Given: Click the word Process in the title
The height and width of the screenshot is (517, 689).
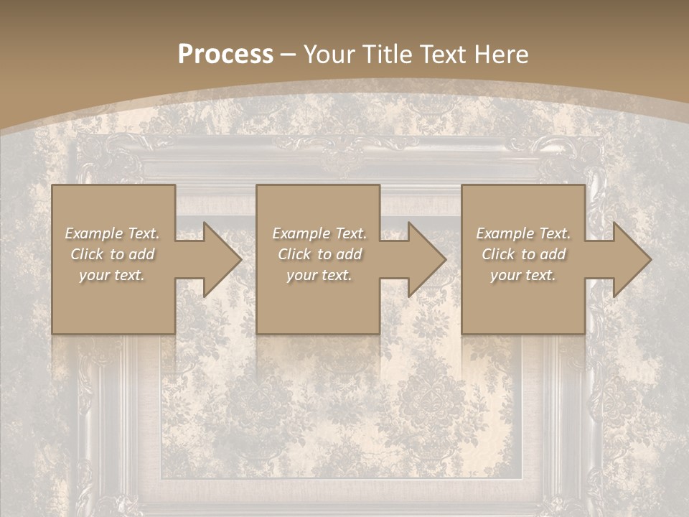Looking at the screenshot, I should pos(225,55).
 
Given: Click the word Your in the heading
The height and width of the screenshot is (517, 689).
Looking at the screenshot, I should pos(331,55).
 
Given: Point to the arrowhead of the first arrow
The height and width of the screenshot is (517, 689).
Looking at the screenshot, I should pos(222,259).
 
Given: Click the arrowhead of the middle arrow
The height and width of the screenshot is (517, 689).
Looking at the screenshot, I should pos(428,259).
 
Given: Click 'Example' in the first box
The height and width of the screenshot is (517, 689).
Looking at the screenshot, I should pos(94,233).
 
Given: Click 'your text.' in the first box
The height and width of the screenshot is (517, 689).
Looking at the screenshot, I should pos(112,275).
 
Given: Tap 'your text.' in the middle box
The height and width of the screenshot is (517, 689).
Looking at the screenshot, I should pos(319,275).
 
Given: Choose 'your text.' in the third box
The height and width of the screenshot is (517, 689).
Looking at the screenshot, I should pos(522,275).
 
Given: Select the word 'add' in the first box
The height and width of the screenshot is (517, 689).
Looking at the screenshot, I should pos(141,254).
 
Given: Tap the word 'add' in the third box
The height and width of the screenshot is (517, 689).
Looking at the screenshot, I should pos(553,254).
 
